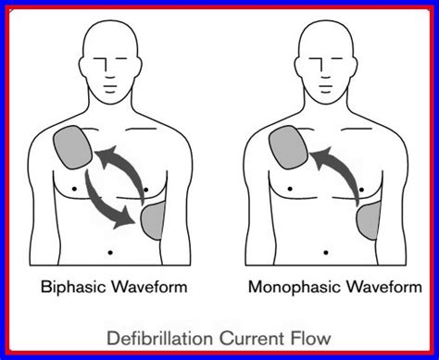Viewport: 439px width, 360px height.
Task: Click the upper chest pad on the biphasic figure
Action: point(72,146)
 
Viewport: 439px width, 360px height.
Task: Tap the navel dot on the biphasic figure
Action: point(111,250)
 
